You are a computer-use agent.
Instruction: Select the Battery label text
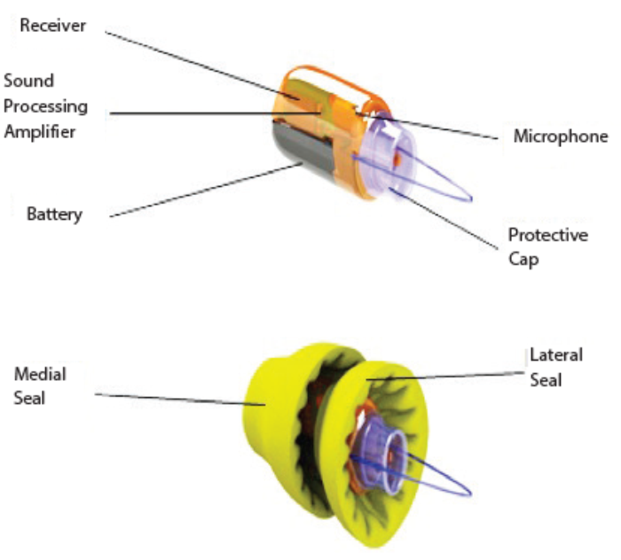click(54, 214)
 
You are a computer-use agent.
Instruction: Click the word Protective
click(547, 235)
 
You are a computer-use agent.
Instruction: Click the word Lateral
click(556, 355)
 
